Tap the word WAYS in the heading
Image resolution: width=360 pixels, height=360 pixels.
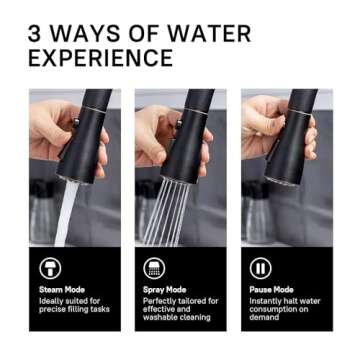coord(88,34)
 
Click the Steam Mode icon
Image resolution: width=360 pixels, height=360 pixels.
coord(50,268)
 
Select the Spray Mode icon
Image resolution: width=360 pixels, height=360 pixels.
coord(155,268)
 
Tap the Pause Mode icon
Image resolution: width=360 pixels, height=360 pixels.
coord(260,268)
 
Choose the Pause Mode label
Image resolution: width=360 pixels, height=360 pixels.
coord(271,290)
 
